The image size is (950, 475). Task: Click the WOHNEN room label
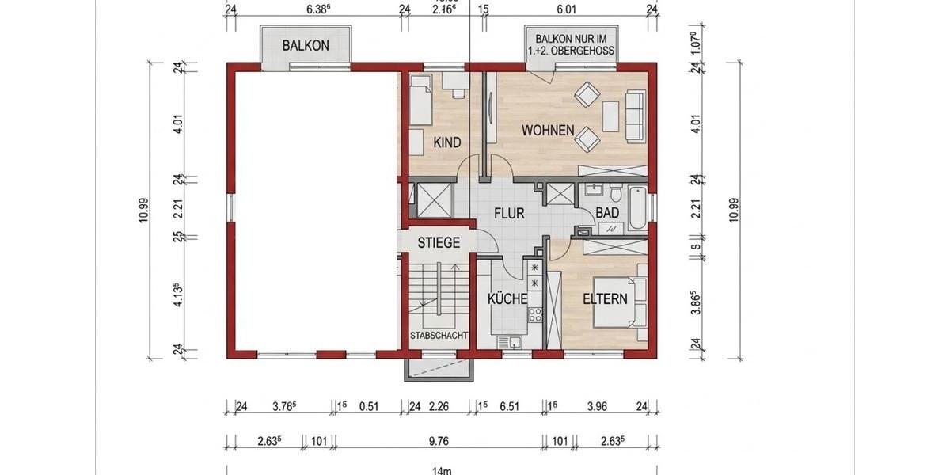tap(548, 130)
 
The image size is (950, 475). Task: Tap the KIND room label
tap(447, 142)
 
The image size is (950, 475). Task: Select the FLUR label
tap(510, 214)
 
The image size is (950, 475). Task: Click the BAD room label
tap(607, 214)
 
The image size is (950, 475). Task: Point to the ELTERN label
tap(605, 299)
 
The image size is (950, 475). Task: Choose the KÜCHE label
tap(507, 299)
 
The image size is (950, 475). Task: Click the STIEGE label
tap(439, 243)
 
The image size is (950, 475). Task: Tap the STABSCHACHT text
tap(439, 336)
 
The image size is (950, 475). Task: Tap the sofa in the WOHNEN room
tap(635, 116)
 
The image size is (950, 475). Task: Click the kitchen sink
tap(510, 341)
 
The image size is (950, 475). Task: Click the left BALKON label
tap(306, 46)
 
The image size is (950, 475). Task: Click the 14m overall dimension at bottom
tap(441, 470)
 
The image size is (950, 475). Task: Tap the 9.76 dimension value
tap(441, 441)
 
